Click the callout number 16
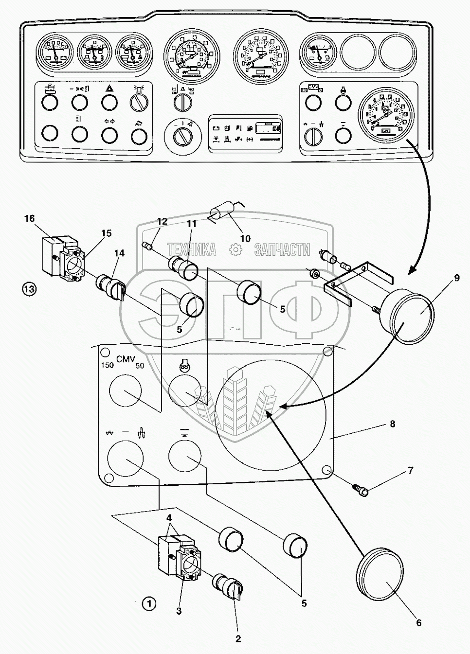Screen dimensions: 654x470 30,218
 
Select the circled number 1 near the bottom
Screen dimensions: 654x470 149,604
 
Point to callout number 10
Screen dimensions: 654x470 245,238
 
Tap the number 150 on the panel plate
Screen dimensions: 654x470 107,366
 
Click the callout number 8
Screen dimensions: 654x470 392,424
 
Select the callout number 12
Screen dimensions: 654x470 162,221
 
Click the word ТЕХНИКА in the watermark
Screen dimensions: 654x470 192,250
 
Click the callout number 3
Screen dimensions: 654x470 179,611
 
